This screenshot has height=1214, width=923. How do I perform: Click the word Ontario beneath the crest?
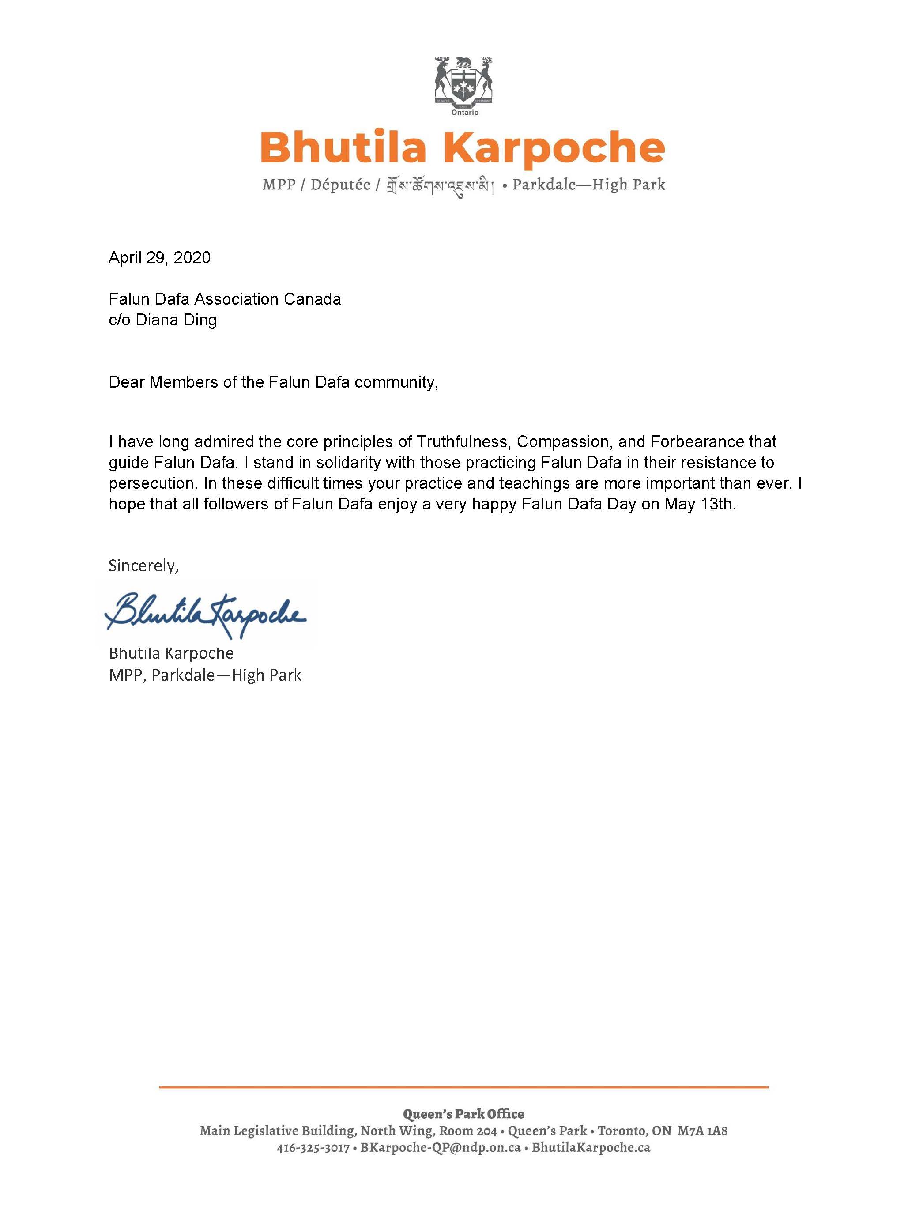pos(465,113)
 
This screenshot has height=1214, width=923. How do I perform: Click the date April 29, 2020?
pos(159,258)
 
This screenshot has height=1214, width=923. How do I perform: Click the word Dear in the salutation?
pos(126,382)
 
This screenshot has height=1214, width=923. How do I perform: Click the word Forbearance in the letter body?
pos(698,441)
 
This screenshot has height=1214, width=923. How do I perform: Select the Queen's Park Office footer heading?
pos(463,1113)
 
